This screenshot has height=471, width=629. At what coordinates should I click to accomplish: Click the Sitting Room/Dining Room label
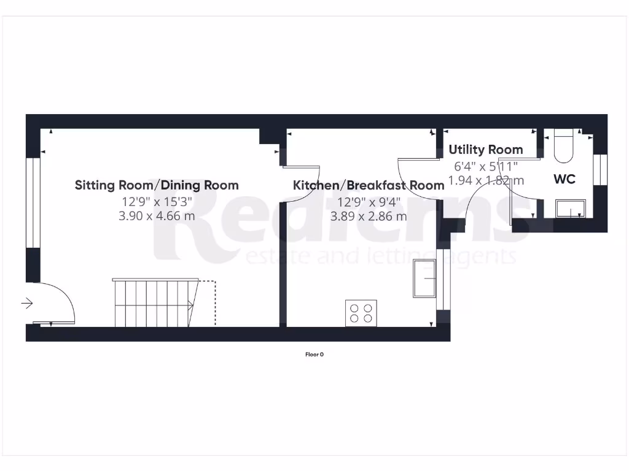click(x=157, y=185)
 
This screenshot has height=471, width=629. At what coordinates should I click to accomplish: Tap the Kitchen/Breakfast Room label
click(x=369, y=185)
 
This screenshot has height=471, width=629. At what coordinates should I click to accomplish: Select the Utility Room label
click(x=485, y=149)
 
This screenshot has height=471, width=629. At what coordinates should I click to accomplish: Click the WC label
click(x=565, y=179)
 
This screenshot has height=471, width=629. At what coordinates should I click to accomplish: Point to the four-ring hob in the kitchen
click(x=361, y=313)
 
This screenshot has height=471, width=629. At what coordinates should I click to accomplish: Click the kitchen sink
click(x=425, y=278)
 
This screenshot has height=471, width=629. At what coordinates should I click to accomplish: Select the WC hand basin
click(x=570, y=209)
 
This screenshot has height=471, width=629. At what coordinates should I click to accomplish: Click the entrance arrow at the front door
click(x=27, y=303)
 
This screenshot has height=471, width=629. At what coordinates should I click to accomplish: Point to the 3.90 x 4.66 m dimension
click(x=157, y=216)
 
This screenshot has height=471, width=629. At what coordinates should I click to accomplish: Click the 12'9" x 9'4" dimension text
click(x=369, y=201)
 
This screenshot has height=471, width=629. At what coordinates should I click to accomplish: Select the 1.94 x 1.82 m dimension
click(x=486, y=180)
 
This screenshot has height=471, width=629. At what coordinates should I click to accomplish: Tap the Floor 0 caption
click(x=314, y=354)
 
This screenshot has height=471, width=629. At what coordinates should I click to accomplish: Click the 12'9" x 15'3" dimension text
click(x=157, y=201)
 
